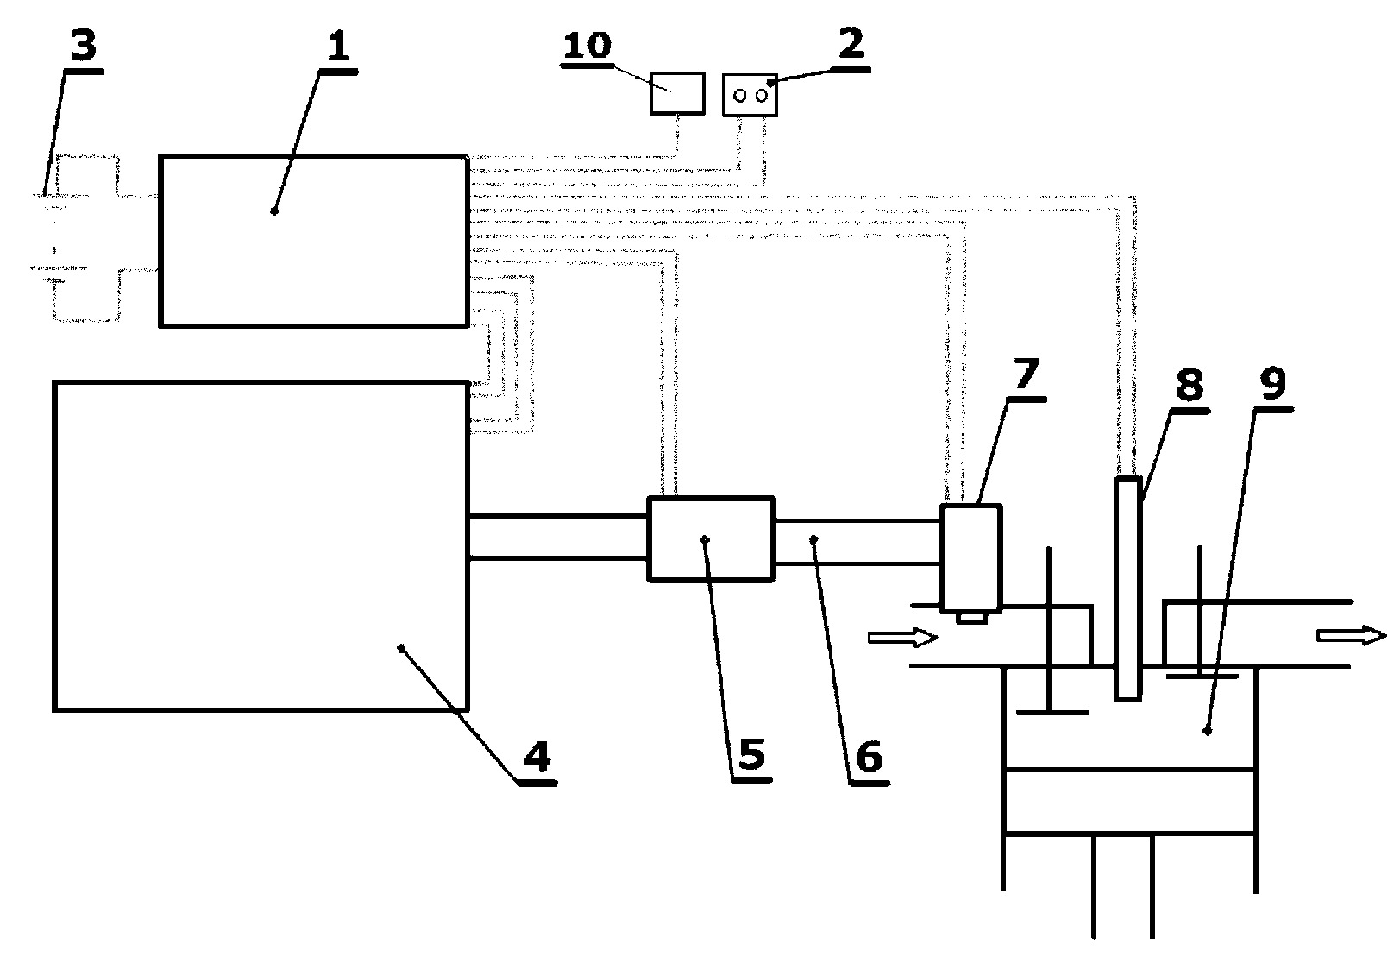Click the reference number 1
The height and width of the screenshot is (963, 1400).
point(338,46)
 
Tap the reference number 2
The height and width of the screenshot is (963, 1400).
point(851,43)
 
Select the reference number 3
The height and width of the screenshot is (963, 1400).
point(84,46)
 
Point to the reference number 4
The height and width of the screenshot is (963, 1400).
point(537,756)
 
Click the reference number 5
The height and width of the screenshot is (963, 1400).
point(751,754)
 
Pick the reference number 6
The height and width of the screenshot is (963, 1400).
point(869,757)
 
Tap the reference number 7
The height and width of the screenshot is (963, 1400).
point(1026,374)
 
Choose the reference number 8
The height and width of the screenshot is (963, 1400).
point(1190,385)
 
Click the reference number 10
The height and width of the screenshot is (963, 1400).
point(587,46)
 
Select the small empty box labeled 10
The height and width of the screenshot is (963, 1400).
point(677,93)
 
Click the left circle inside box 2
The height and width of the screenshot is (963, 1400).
point(740,96)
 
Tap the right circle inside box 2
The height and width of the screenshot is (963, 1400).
point(762,96)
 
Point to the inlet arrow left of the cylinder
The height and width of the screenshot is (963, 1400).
point(902,637)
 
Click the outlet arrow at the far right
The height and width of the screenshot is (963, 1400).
point(1351,635)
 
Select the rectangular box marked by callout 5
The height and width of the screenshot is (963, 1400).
point(712,539)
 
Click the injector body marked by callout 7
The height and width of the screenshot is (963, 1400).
point(971,557)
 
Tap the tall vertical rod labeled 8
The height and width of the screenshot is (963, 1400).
point(1128,588)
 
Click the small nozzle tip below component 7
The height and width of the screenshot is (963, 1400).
point(971,618)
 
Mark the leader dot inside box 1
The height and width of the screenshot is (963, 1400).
point(273,211)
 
